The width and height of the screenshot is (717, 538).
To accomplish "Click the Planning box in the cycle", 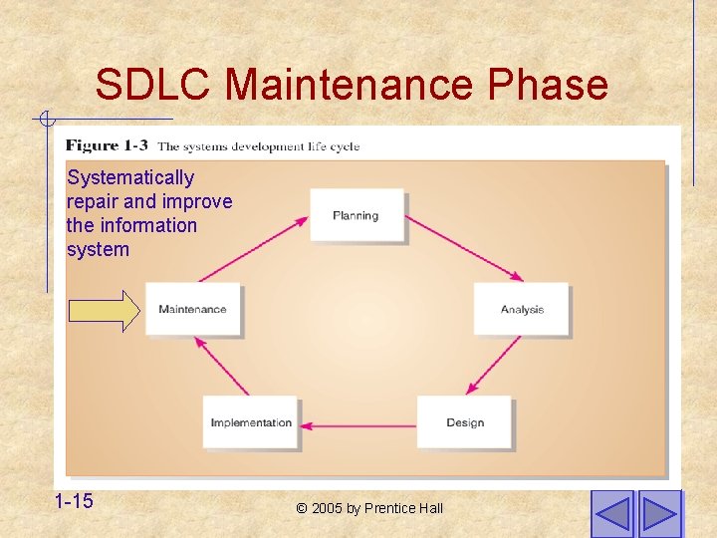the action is (356, 215).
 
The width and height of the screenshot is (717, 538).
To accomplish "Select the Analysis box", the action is (521, 309).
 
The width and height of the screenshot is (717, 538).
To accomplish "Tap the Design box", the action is (464, 422).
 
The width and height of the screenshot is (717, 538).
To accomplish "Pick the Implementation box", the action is (250, 422).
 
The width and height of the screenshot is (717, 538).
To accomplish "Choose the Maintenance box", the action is (192, 309).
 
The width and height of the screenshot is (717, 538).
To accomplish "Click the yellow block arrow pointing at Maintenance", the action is (105, 310).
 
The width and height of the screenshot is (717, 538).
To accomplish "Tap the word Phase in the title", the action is (547, 85).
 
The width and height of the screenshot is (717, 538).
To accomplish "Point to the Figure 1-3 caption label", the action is (107, 145).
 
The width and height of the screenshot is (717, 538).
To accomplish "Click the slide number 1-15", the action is (74, 501).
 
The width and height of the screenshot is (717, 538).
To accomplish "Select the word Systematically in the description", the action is (130, 177).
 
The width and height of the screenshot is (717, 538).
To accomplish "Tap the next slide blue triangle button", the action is (659, 514).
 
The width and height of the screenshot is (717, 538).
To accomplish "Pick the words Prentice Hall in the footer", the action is (403, 508).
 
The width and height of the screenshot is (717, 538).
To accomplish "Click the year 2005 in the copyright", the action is (327, 508).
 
